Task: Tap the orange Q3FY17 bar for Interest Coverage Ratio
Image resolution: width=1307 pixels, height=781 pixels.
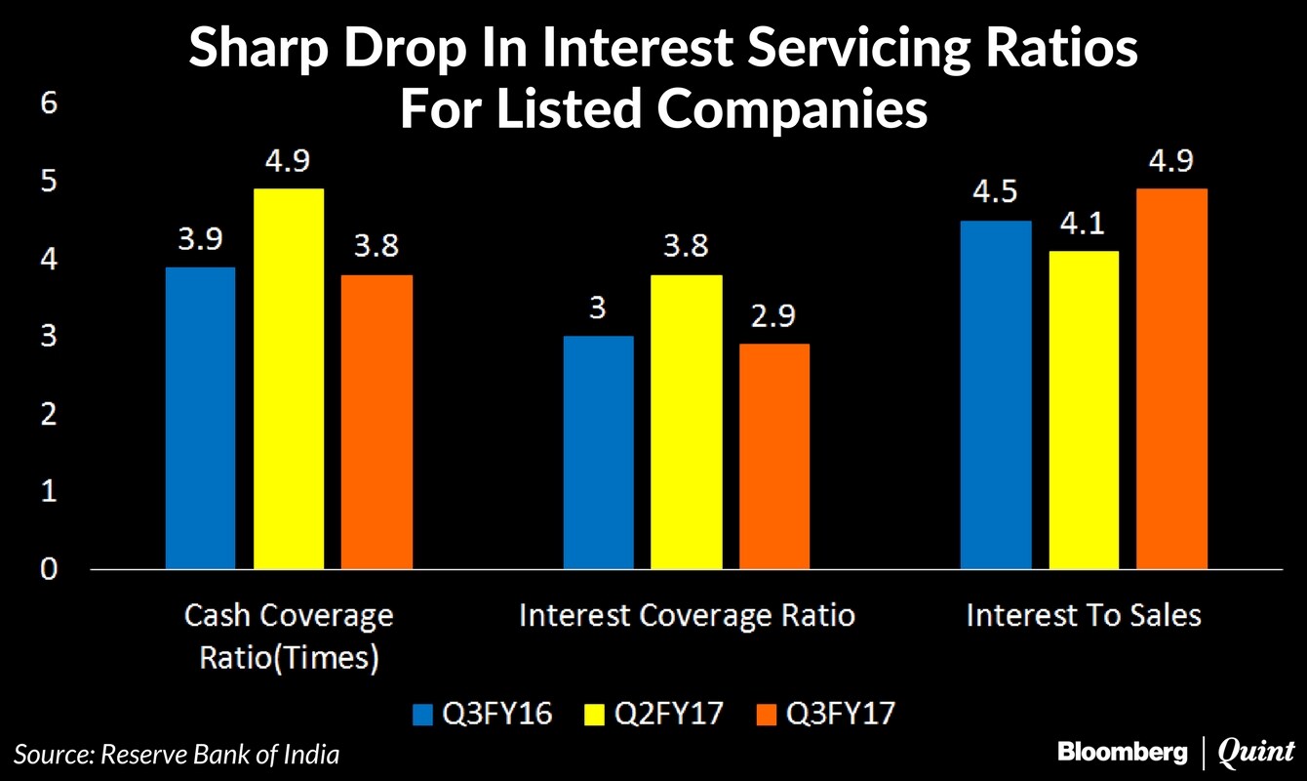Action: click(773, 456)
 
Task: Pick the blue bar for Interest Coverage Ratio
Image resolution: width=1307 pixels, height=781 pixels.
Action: click(598, 452)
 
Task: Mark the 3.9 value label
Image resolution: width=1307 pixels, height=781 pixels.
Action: click(200, 239)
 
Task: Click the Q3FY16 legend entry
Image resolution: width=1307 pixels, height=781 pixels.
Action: click(483, 714)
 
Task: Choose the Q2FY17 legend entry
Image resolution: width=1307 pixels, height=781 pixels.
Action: click(653, 714)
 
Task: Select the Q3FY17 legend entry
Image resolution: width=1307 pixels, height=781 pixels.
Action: click(824, 714)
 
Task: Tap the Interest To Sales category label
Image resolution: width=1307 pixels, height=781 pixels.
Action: click(1083, 616)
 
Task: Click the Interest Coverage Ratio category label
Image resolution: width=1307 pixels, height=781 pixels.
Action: click(687, 616)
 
